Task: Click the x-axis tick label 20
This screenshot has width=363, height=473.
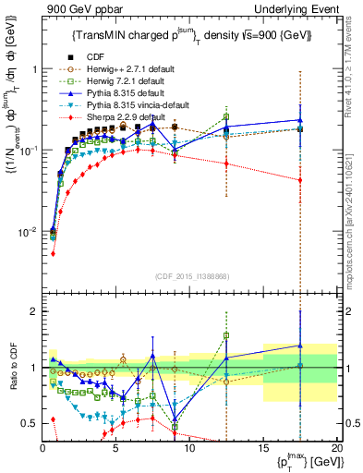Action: pyautogui.click(x=336, y=446)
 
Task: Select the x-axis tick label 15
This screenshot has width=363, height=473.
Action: pyautogui.click(x=263, y=446)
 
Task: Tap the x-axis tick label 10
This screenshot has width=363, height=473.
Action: pyautogui.click(x=189, y=446)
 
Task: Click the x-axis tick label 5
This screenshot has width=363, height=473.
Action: pyautogui.click(x=116, y=446)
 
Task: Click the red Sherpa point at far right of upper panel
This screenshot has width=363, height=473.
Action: pyautogui.click(x=299, y=180)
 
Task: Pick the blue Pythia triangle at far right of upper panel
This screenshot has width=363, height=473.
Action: pyautogui.click(x=299, y=120)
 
